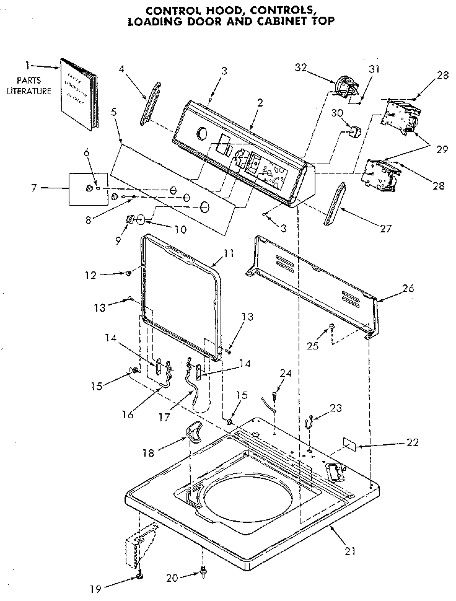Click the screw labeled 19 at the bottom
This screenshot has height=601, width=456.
[x=140, y=577]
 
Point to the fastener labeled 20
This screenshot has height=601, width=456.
[x=203, y=574]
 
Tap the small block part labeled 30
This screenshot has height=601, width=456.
[x=356, y=131]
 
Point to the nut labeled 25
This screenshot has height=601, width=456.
[x=331, y=327]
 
